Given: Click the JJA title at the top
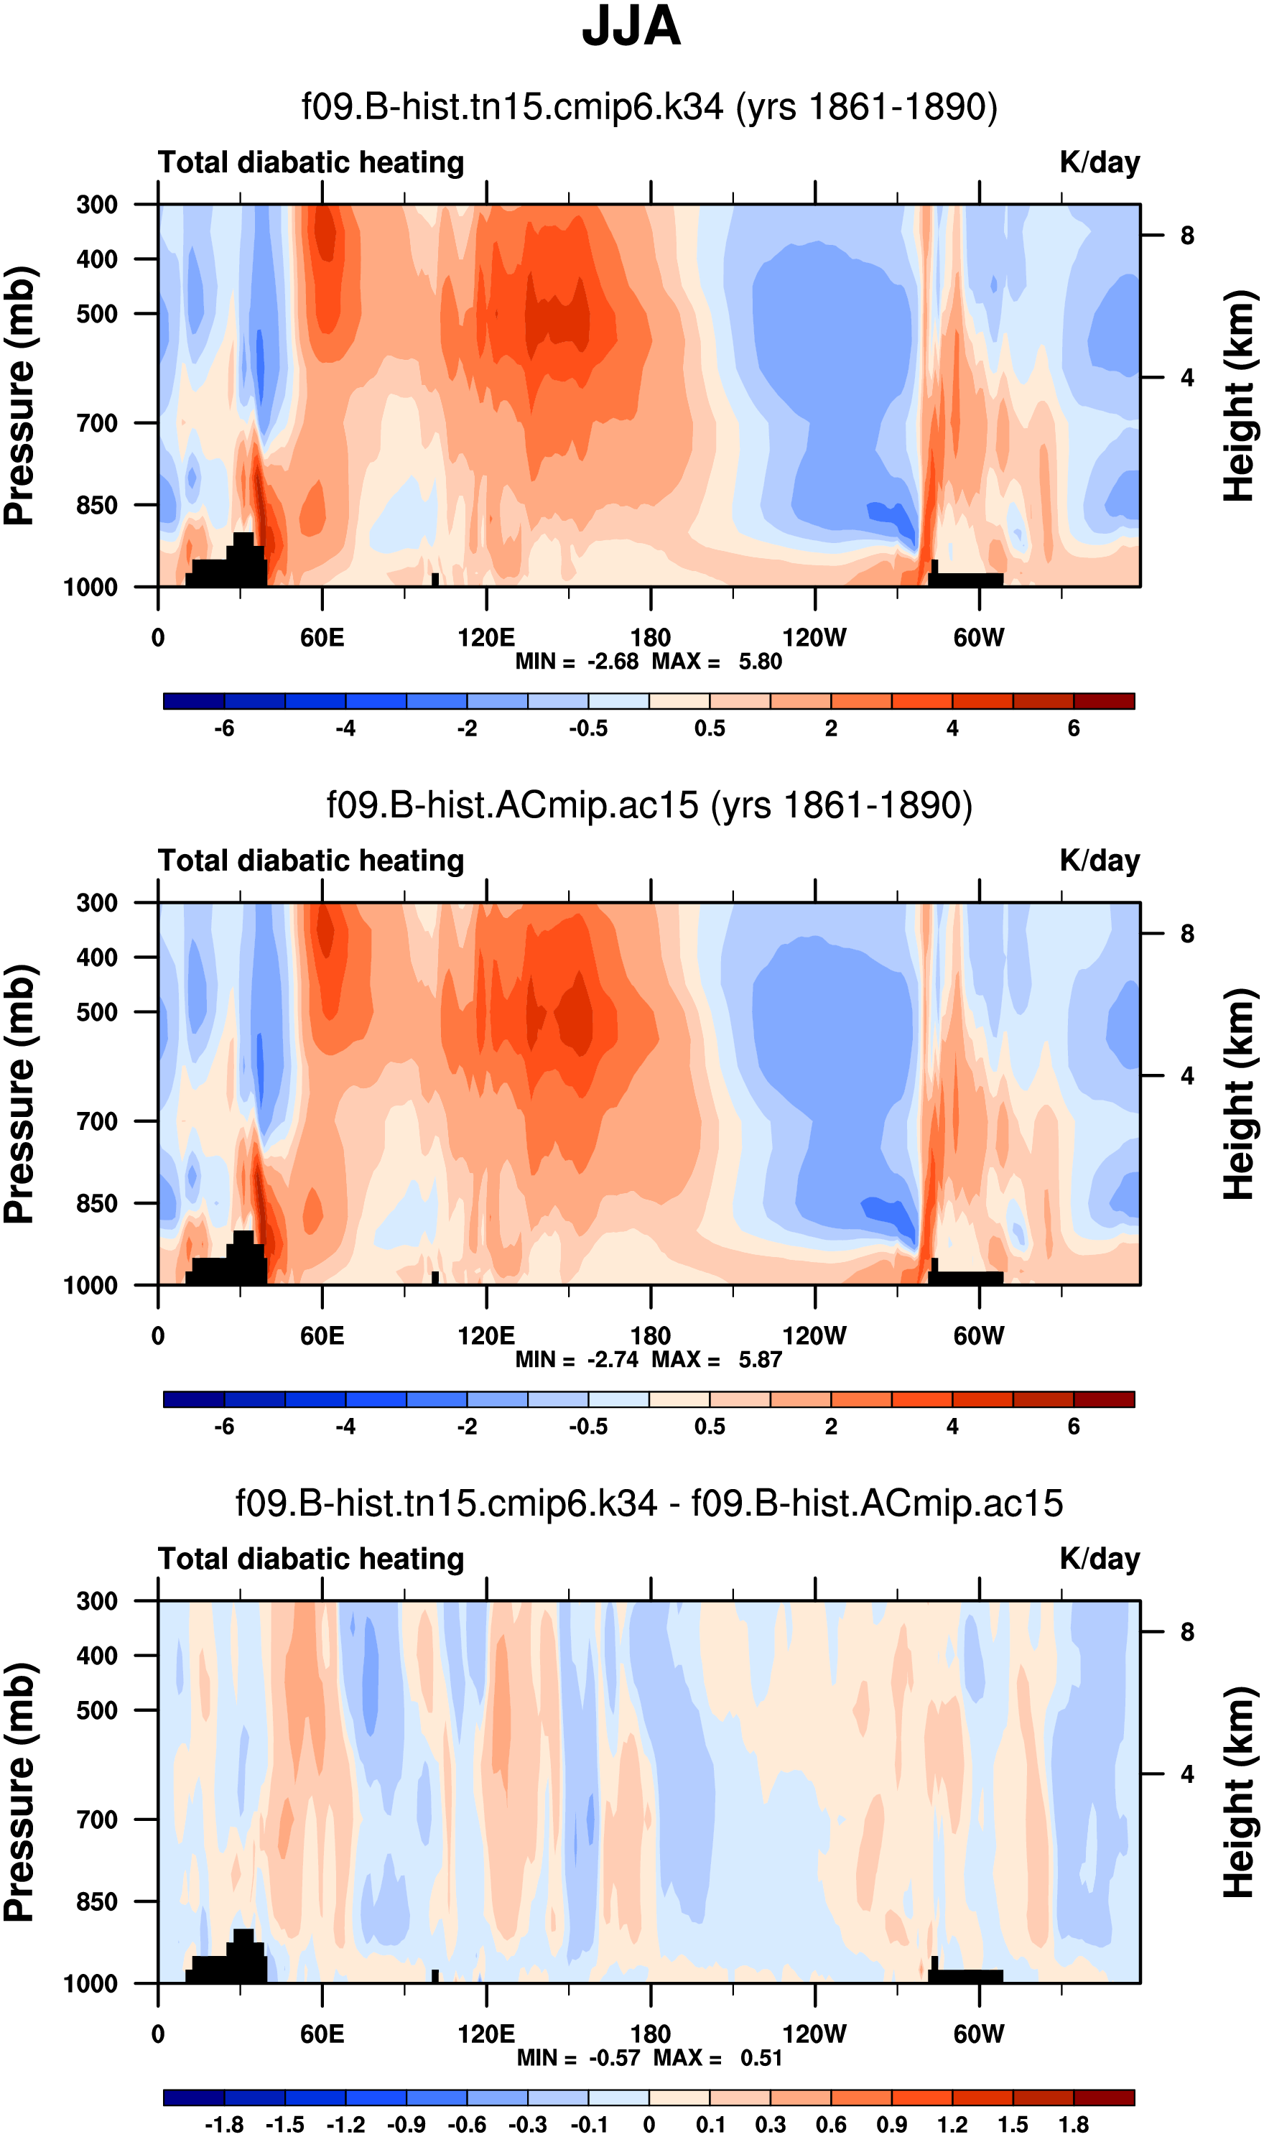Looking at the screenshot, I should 631,27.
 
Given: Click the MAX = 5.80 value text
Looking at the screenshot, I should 716,662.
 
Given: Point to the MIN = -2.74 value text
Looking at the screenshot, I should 577,1360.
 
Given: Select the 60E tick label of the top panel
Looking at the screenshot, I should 322,638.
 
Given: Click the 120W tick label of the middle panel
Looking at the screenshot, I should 814,1336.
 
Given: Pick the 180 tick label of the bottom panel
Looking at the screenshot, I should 651,2035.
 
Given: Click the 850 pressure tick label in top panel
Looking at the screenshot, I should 97,505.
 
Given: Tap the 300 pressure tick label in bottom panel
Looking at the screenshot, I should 97,1601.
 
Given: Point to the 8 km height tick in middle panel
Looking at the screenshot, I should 1187,935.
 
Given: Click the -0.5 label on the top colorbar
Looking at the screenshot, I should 589,729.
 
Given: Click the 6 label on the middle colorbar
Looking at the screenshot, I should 1074,1427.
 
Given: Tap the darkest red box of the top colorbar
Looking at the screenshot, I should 1104,702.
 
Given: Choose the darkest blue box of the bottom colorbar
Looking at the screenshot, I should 194,2097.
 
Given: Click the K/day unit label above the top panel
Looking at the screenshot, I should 1100,162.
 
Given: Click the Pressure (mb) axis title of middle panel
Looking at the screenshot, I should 19,1095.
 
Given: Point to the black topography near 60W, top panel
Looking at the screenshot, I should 967,580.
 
